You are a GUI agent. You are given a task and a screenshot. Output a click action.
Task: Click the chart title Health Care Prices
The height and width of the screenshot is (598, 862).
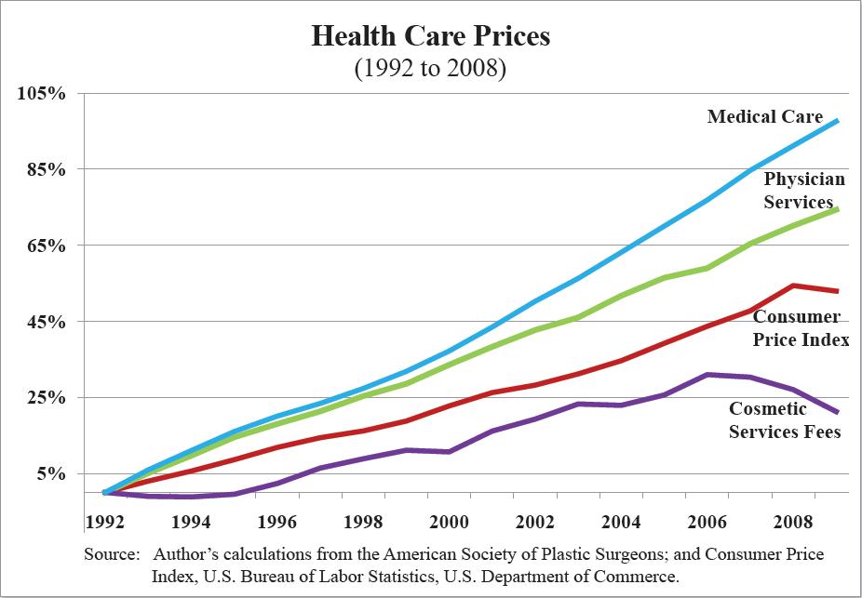pyautogui.click(x=430, y=37)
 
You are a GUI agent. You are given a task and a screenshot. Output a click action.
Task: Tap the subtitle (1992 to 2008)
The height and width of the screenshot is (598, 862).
pyautogui.click(x=430, y=70)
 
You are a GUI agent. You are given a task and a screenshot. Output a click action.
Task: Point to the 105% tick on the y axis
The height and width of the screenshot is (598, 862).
pyautogui.click(x=39, y=94)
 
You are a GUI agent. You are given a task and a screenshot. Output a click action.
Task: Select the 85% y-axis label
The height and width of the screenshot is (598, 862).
pyautogui.click(x=44, y=170)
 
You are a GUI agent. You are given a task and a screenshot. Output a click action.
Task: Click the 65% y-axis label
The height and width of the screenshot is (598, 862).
pyautogui.click(x=44, y=246)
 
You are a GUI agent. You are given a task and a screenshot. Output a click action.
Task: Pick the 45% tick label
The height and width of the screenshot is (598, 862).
pyautogui.click(x=44, y=322)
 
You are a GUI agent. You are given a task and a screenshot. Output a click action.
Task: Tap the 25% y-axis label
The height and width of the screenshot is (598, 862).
pyautogui.click(x=44, y=398)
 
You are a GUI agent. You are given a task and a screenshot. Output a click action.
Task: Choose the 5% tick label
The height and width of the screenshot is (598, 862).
pyautogui.click(x=48, y=474)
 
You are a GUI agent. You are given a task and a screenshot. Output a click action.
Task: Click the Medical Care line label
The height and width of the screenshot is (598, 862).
pyautogui.click(x=765, y=116)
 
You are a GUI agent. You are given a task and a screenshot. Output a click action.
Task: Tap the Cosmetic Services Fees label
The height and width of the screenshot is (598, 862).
pyautogui.click(x=784, y=419)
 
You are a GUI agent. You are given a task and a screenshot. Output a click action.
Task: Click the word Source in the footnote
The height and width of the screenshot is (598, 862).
pyautogui.click(x=111, y=554)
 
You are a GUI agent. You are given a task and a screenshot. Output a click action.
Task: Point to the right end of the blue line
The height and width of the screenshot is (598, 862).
pyautogui.click(x=839, y=121)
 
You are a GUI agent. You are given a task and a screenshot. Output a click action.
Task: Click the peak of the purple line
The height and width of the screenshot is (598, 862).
pyautogui.click(x=708, y=375)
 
